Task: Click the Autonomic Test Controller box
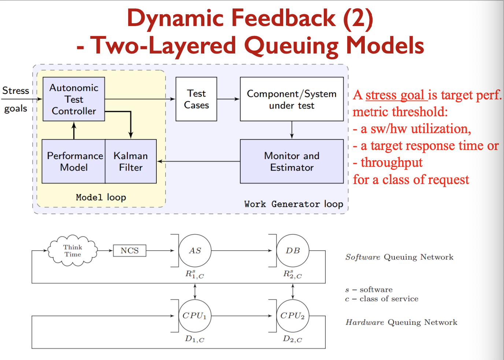pos(74,99)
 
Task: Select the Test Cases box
pos(196,99)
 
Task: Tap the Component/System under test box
pos(292,99)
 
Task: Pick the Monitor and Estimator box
pos(292,161)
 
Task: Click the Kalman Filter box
pos(131,161)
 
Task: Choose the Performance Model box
pos(74,161)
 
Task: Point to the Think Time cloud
pos(73,251)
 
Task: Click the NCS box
pos(130,251)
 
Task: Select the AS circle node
pos(195,251)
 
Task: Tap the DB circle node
pos(293,251)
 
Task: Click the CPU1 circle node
pos(195,316)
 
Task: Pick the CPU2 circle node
pos(293,316)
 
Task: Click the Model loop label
pos(101,197)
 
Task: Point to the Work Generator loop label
pos(293,204)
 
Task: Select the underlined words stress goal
pos(395,95)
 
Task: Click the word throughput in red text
pos(392,162)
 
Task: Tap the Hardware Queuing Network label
pos(401,322)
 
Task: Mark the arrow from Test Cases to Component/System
pos(228,99)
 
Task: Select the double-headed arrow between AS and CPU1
pos(195,291)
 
